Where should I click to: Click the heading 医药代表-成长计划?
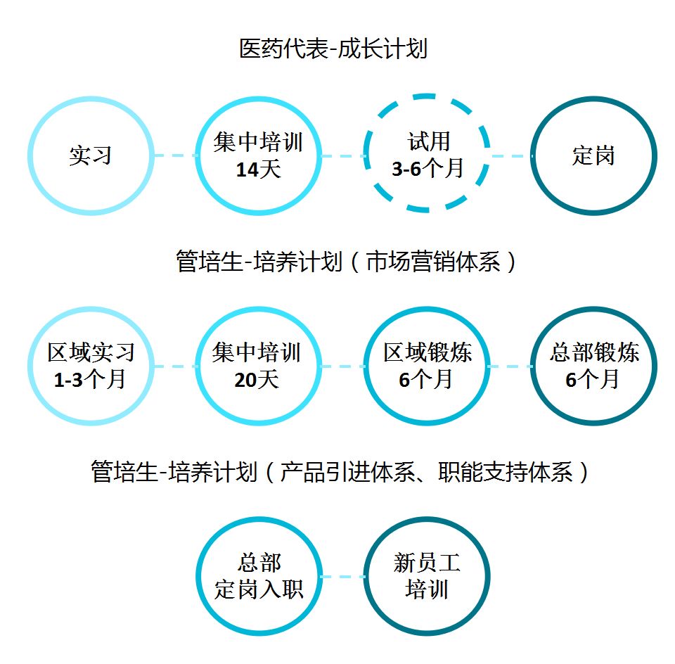(333, 49)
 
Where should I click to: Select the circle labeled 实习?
(91, 155)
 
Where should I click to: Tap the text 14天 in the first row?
(258, 170)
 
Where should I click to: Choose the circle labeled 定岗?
(593, 155)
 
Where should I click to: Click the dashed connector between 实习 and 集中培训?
(174, 155)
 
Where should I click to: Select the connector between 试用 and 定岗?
(510, 155)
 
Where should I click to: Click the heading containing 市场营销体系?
(346, 262)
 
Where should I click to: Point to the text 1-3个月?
(90, 380)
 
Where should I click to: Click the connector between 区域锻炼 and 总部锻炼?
(510, 366)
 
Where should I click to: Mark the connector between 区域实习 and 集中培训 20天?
(174, 366)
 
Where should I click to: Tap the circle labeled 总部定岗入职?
(258, 577)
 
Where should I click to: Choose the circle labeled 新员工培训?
(427, 577)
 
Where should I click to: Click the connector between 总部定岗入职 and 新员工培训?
(342, 577)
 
